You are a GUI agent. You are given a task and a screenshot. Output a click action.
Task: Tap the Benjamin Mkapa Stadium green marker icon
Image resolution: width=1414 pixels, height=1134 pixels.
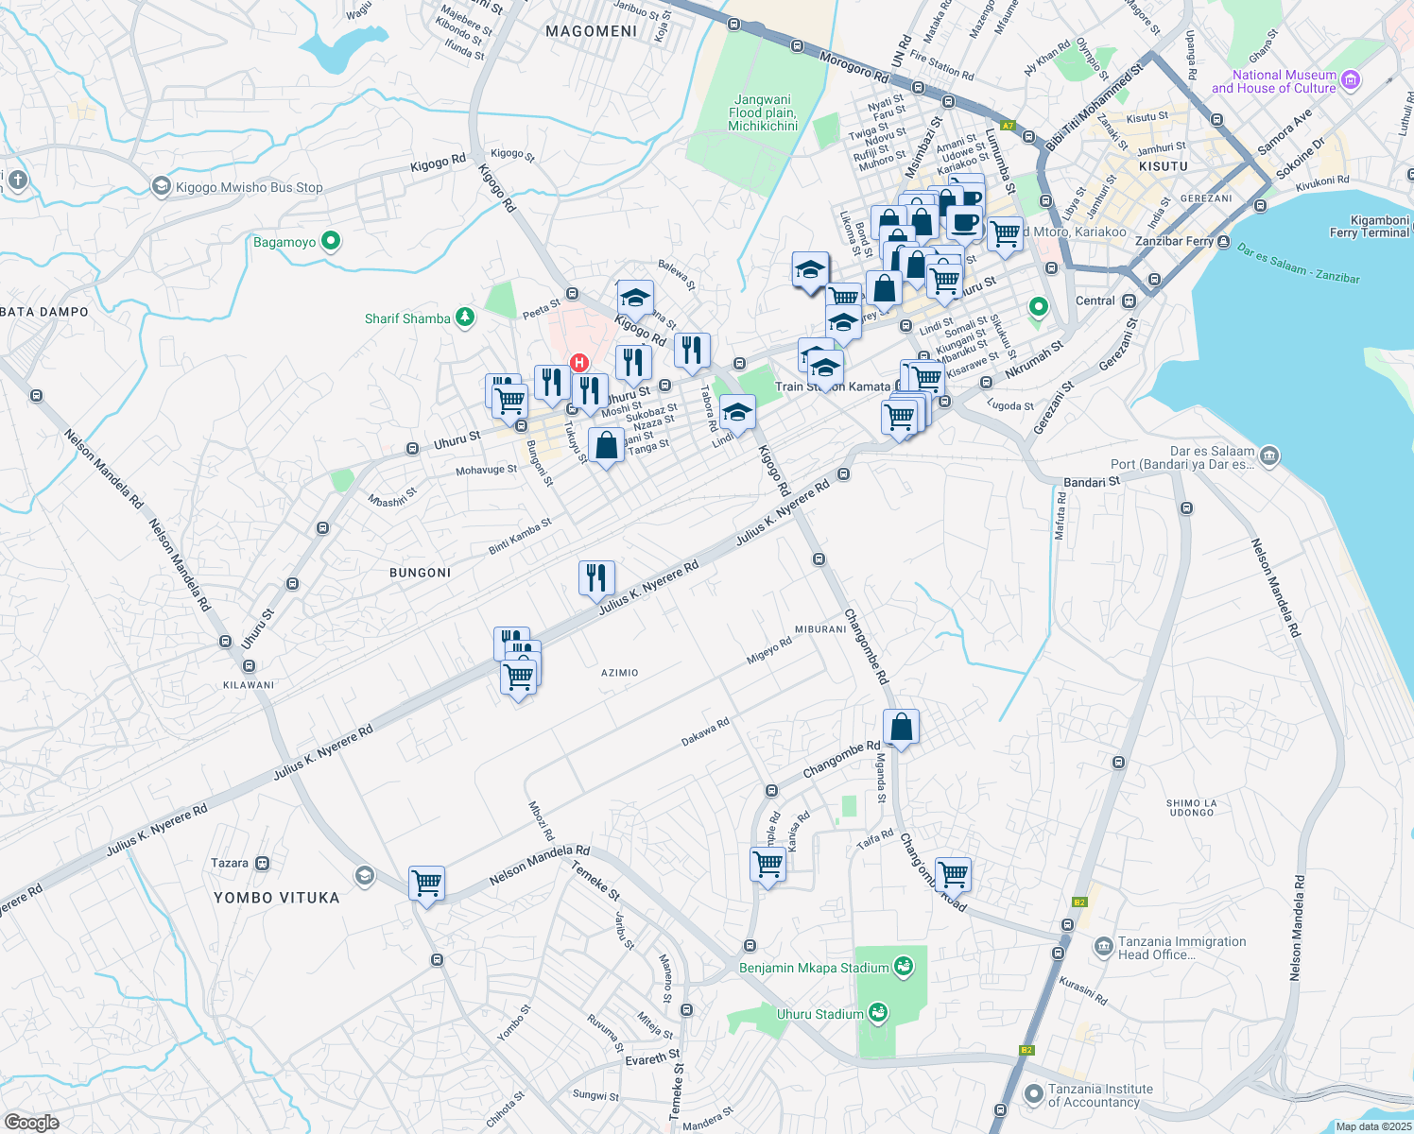pyautogui.click(x=903, y=967)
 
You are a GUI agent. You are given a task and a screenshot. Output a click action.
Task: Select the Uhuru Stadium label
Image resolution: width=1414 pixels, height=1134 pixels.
pyautogui.click(x=819, y=1014)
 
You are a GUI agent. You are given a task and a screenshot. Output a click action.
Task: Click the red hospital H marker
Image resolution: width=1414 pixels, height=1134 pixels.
pyautogui.click(x=579, y=363)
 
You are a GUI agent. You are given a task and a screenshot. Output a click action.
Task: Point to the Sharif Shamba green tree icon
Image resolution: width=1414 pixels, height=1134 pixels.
pyautogui.click(x=464, y=318)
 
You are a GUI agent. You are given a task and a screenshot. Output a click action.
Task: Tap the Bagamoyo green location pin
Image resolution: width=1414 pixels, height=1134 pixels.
pyautogui.click(x=331, y=241)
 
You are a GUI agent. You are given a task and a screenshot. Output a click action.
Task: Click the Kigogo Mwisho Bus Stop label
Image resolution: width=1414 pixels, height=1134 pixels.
pyautogui.click(x=249, y=187)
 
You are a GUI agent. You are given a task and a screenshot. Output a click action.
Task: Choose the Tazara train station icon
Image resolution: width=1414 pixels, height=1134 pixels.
pyautogui.click(x=263, y=863)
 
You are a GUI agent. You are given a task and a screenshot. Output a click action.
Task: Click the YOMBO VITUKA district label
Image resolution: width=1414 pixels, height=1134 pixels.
pyautogui.click(x=276, y=898)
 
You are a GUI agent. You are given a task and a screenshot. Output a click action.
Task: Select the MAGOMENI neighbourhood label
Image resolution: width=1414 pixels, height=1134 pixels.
pyautogui.click(x=592, y=31)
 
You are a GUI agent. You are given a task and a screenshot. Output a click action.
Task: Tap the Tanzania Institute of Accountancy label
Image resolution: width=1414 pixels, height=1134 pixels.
pyautogui.click(x=1100, y=1095)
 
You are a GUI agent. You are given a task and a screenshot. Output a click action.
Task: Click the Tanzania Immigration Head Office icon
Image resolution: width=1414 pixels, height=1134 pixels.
pyautogui.click(x=1103, y=946)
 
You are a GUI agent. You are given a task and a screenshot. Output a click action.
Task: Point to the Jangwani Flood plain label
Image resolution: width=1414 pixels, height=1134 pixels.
pyautogui.click(x=762, y=112)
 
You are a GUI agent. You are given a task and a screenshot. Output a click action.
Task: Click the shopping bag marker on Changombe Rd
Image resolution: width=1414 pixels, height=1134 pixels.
pyautogui.click(x=902, y=728)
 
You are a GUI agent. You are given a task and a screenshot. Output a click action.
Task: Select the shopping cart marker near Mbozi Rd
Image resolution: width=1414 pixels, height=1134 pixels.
pyautogui.click(x=426, y=884)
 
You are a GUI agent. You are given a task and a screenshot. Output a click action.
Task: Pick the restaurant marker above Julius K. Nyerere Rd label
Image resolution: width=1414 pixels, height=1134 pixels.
pyautogui.click(x=596, y=576)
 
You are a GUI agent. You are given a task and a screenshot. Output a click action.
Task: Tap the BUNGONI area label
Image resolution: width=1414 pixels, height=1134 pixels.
pyautogui.click(x=421, y=573)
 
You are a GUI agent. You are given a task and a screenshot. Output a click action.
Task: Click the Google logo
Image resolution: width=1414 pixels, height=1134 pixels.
pyautogui.click(x=31, y=1122)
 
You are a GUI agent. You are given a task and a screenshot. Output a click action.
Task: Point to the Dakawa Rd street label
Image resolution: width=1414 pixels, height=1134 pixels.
pyautogui.click(x=705, y=732)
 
